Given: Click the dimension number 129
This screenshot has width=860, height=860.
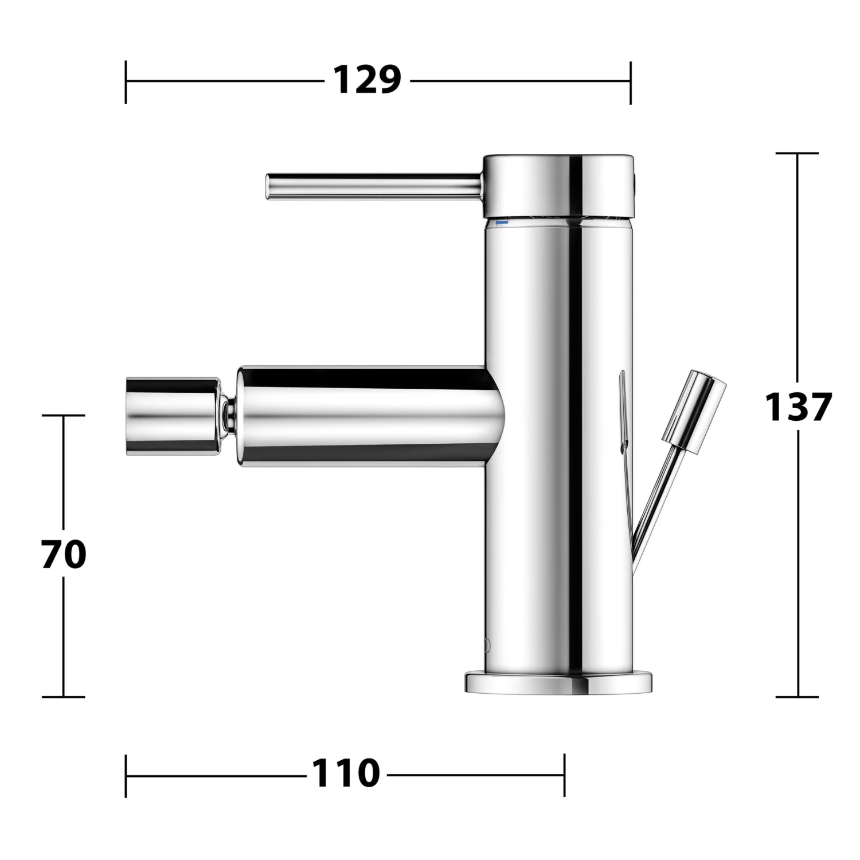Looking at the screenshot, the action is [x=367, y=80].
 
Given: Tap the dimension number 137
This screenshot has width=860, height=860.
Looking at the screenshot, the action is [x=798, y=406].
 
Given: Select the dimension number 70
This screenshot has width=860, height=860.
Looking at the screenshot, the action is [x=64, y=554].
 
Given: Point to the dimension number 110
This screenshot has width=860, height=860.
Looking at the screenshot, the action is [x=346, y=773].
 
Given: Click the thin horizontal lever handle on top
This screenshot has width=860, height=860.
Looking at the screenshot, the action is [x=373, y=187].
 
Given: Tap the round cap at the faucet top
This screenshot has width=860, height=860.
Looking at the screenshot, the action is [x=559, y=186].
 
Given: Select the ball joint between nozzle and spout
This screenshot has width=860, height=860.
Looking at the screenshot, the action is [x=229, y=415].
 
